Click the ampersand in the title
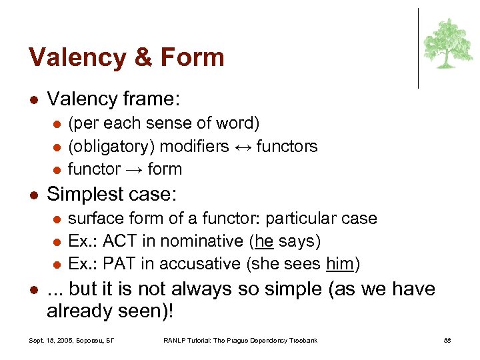tap(143, 57)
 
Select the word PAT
tap(119, 263)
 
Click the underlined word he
tap(264, 241)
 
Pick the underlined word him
tap(340, 263)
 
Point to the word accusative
tap(207, 263)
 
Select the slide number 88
tap(448, 341)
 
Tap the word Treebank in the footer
tap(301, 341)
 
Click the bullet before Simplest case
tap(34, 195)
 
